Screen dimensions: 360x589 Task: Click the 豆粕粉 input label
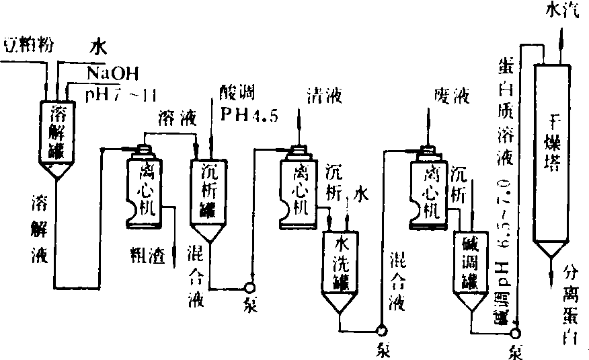pos(28,44)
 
